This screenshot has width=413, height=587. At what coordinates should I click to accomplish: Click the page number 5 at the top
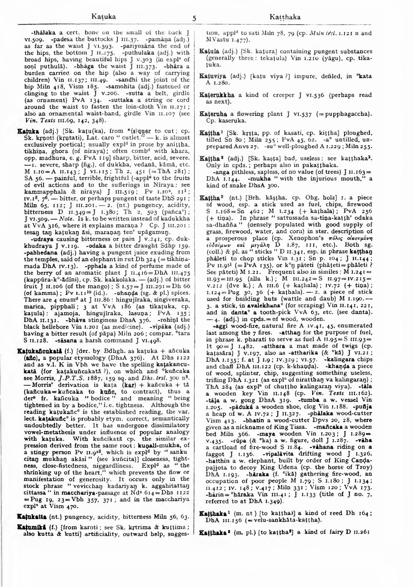(195, 18)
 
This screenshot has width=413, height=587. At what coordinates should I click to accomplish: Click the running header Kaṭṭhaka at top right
(285, 17)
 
